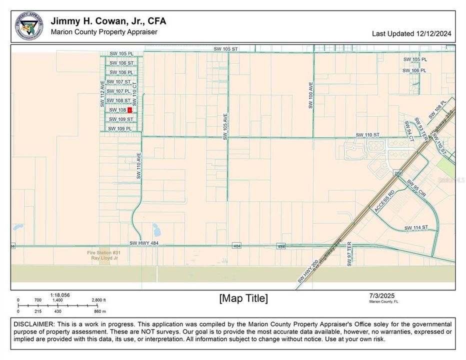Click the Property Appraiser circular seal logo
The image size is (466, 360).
(28, 26)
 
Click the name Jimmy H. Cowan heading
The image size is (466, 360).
(108, 21)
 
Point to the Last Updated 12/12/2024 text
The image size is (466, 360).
(411, 34)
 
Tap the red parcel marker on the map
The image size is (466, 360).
(129, 109)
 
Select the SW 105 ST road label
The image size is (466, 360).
(226, 49)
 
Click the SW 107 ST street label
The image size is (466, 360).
(119, 82)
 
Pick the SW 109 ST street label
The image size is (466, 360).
(121, 119)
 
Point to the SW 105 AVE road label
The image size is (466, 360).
(225, 125)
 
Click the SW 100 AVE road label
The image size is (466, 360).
(310, 95)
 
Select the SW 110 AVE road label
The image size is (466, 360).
(139, 166)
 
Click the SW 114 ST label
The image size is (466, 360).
(416, 228)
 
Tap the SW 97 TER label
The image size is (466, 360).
(350, 253)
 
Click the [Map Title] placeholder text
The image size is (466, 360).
(243, 298)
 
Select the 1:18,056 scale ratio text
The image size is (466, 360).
(60, 295)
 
